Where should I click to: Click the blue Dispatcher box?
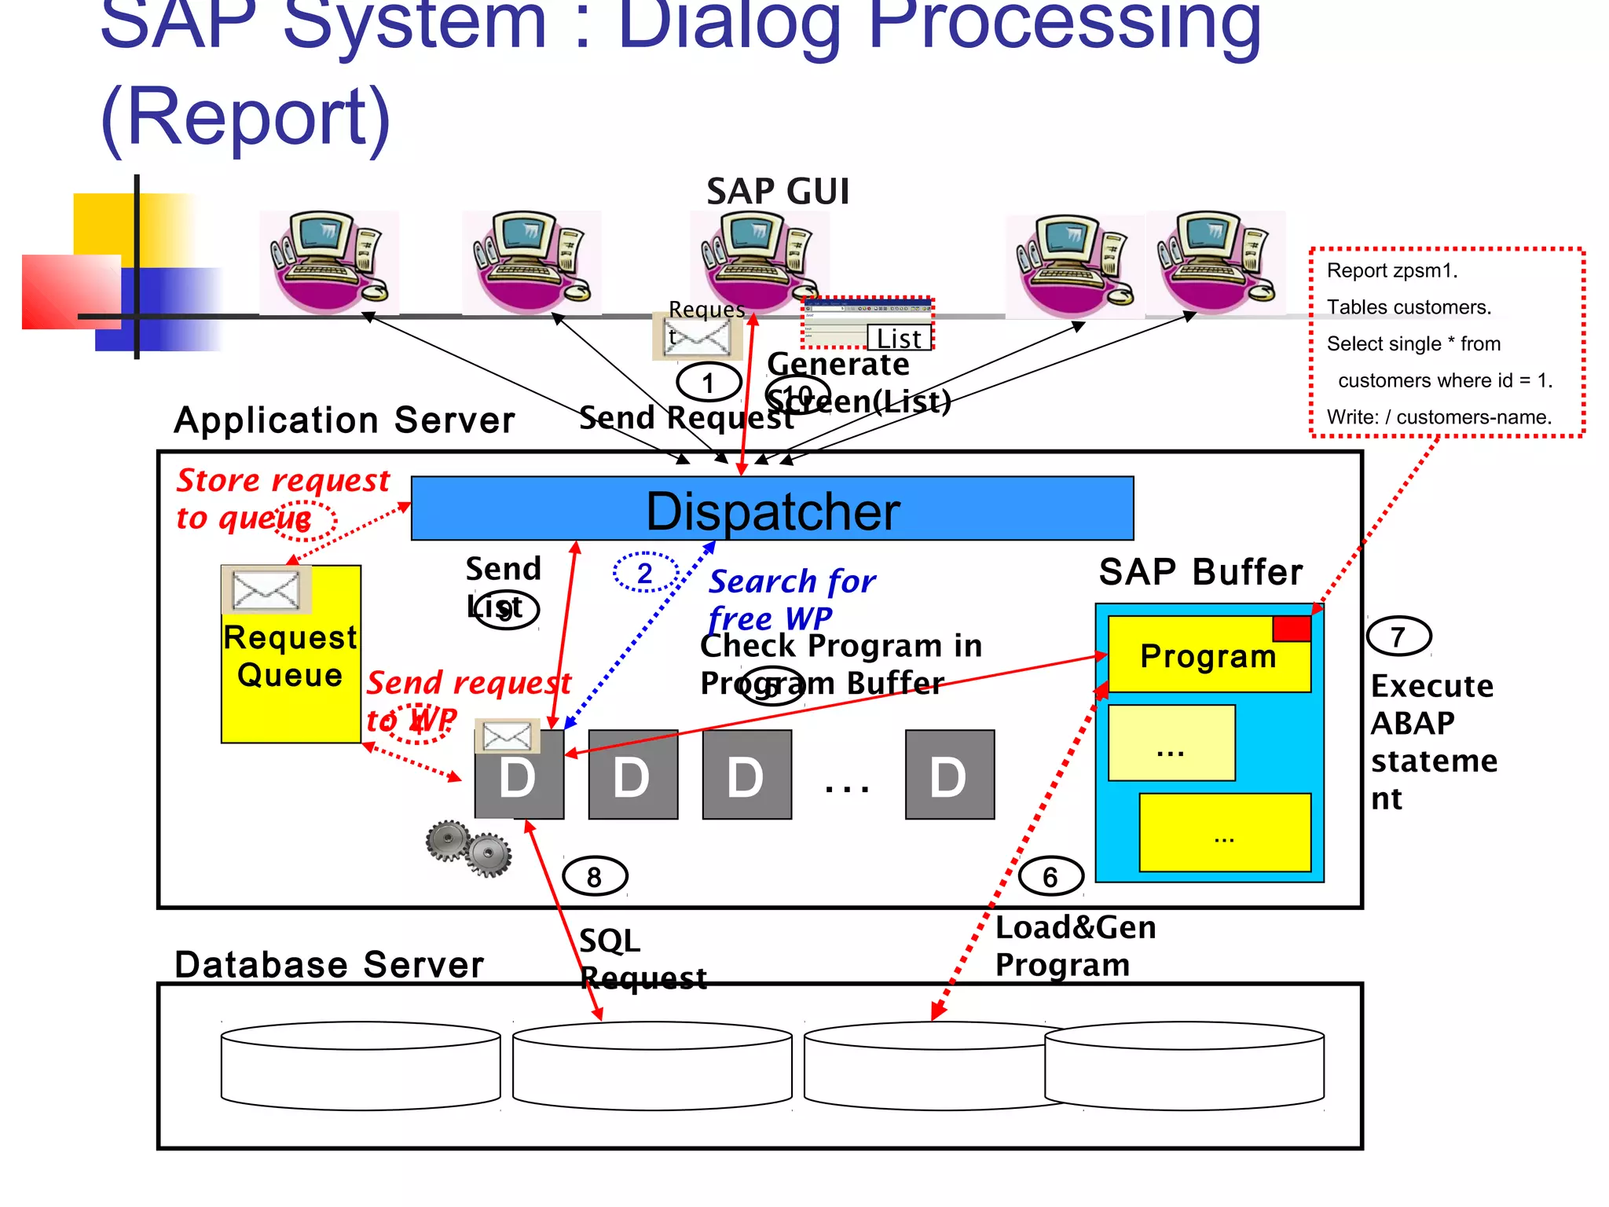coord(772,509)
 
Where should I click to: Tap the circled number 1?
coord(709,383)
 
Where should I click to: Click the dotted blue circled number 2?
coord(645,573)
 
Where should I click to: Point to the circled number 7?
coord(1398,637)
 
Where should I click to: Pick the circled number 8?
coord(595,876)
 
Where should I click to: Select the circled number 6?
coord(1050,876)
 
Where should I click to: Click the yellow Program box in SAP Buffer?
coord(1208,655)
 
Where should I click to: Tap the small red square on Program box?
coord(1292,629)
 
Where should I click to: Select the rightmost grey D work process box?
coord(949,775)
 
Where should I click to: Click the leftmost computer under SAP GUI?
coord(328,262)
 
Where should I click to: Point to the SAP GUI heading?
coord(778,192)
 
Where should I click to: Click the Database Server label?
coord(328,964)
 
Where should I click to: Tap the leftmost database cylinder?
coord(361,1066)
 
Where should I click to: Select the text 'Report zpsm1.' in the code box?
coord(1391,271)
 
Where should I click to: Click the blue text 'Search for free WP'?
coord(790,599)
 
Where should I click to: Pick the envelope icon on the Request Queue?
coord(266,589)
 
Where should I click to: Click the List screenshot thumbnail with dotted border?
coord(867,323)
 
